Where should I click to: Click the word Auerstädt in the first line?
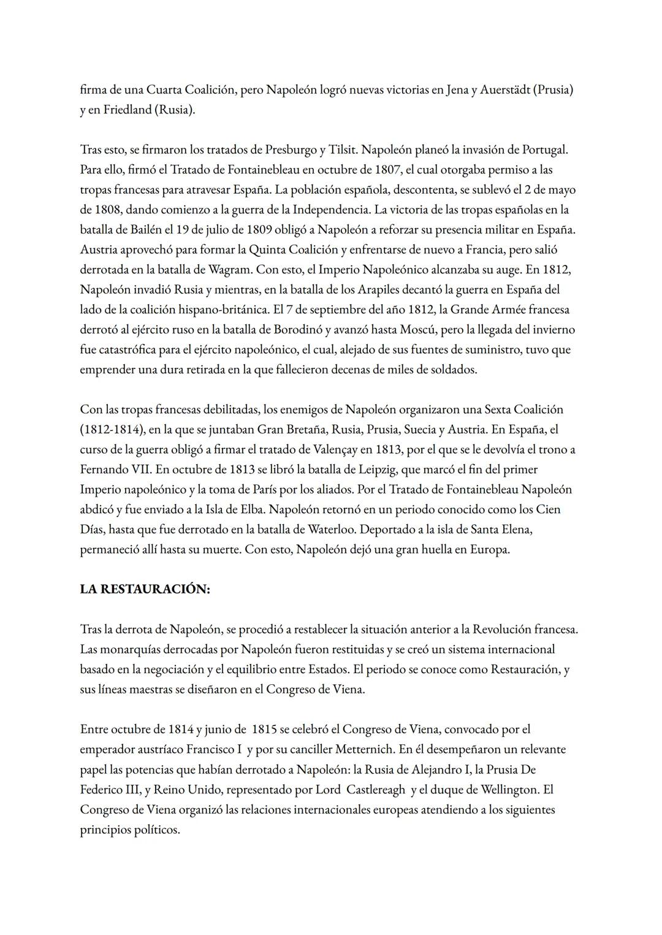pos(500,90)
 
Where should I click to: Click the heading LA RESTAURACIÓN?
pos(145,589)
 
